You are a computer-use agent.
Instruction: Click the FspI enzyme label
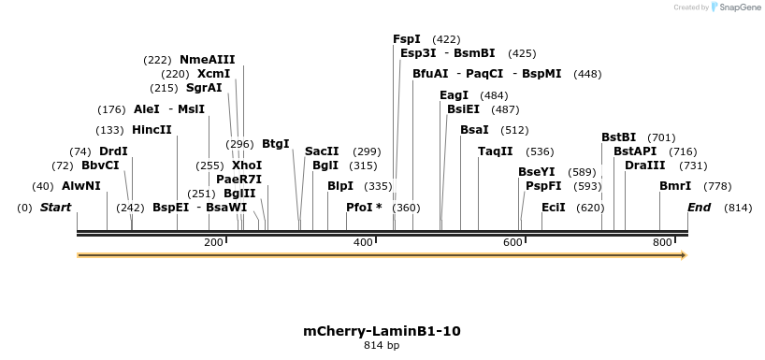pos(407,39)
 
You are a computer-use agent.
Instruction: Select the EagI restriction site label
pos(454,95)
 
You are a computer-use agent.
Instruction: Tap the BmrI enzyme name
pos(675,186)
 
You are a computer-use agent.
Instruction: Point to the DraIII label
pos(644,165)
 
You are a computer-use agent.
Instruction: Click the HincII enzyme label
pos(152,130)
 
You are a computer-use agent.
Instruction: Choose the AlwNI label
pos(80,186)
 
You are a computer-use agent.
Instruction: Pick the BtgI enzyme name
pos(276,144)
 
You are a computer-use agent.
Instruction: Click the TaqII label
pos(496,151)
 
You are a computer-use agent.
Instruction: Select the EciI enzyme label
pos(554,208)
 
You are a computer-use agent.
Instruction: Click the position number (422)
pos(447,39)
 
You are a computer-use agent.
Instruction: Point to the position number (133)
pos(109,130)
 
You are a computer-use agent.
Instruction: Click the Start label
pos(55,208)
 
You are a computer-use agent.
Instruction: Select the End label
pos(700,208)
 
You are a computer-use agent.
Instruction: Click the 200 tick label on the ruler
pos(213,243)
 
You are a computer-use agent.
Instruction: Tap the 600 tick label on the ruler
pos(513,243)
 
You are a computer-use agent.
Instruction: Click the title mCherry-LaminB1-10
pos(382,331)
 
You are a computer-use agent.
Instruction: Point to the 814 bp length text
pos(382,346)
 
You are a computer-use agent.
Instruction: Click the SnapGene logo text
pos(739,7)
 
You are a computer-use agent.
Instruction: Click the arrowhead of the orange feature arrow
pos(684,254)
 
